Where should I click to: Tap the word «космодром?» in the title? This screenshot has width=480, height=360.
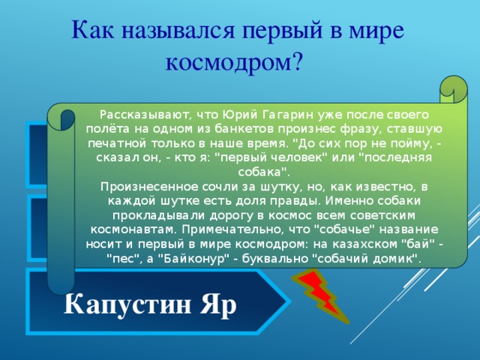coord(233,61)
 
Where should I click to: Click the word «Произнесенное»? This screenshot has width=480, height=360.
coord(142,186)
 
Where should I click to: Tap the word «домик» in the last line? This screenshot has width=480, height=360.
coord(399,258)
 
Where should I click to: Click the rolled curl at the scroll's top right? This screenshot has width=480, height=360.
coord(448,90)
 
